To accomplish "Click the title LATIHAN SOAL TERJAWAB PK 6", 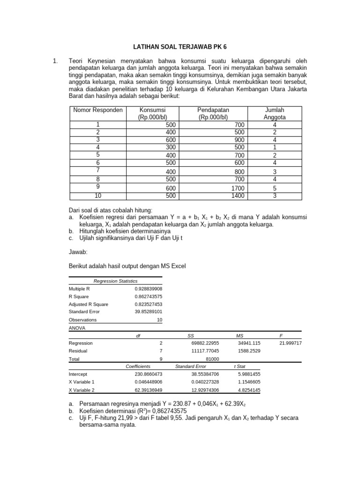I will [180, 47].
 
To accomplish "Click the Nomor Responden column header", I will [98, 110].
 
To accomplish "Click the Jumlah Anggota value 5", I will [275, 188].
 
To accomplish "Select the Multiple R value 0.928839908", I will [148, 289].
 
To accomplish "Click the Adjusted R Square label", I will [88, 304].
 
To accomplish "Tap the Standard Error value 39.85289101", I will [148, 311].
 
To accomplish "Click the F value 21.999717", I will [290, 343].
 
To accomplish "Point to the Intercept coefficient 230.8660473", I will [147, 374].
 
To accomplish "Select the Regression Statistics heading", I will [115, 281].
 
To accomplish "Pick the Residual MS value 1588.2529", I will [249, 351].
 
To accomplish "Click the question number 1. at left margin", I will [55, 61].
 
